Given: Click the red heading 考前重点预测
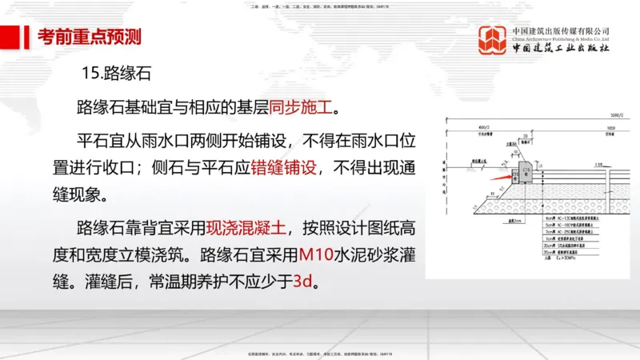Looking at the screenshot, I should (90, 37).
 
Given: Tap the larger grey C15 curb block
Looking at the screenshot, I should (526, 172).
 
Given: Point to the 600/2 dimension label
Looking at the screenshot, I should (482, 127).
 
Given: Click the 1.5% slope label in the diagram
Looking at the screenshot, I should (597, 164).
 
